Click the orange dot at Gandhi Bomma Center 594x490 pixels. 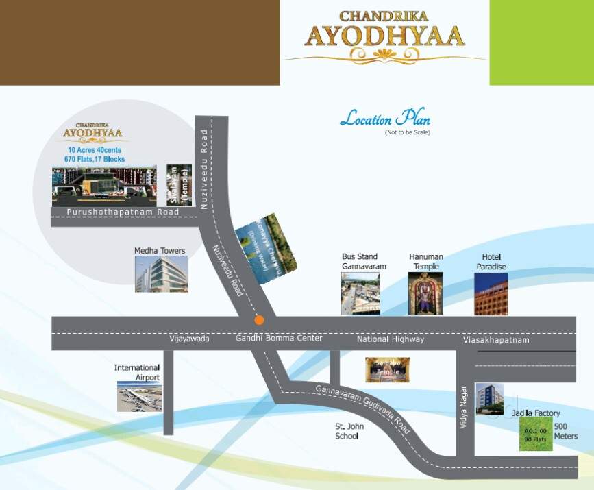(259, 320)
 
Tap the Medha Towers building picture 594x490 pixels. (161, 275)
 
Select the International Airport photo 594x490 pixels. (139, 397)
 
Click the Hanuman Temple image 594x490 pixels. (425, 293)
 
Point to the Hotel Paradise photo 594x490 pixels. (491, 293)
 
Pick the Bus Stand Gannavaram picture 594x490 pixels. (360, 293)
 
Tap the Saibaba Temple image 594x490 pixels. (387, 369)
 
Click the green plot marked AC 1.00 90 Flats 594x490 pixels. (536, 434)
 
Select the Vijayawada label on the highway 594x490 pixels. (189, 339)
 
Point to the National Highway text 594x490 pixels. (390, 339)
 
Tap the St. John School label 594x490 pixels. (349, 431)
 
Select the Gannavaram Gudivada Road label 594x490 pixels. (362, 408)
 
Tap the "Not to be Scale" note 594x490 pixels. (407, 132)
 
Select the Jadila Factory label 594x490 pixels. (536, 413)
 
